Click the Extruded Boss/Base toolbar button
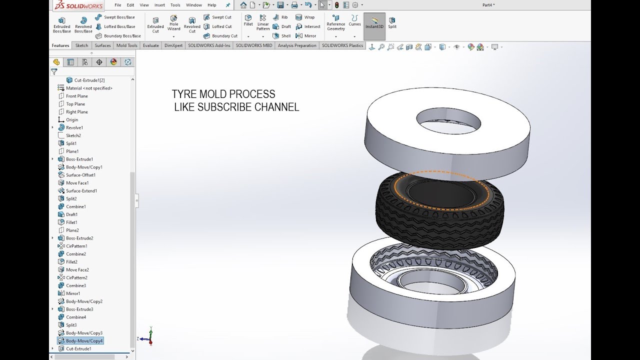point(61,24)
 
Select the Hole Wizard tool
point(173,23)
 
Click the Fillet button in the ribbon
point(248,20)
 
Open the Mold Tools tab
point(126,45)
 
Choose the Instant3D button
point(374,23)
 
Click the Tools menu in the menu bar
point(175,5)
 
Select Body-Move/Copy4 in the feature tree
point(84,341)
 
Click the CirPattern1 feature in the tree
point(76,246)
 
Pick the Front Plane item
point(76,96)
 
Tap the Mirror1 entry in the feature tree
point(72,293)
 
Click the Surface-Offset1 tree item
point(80,175)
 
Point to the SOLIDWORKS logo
point(79,6)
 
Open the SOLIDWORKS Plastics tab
point(342,45)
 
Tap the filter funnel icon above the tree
point(54,72)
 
